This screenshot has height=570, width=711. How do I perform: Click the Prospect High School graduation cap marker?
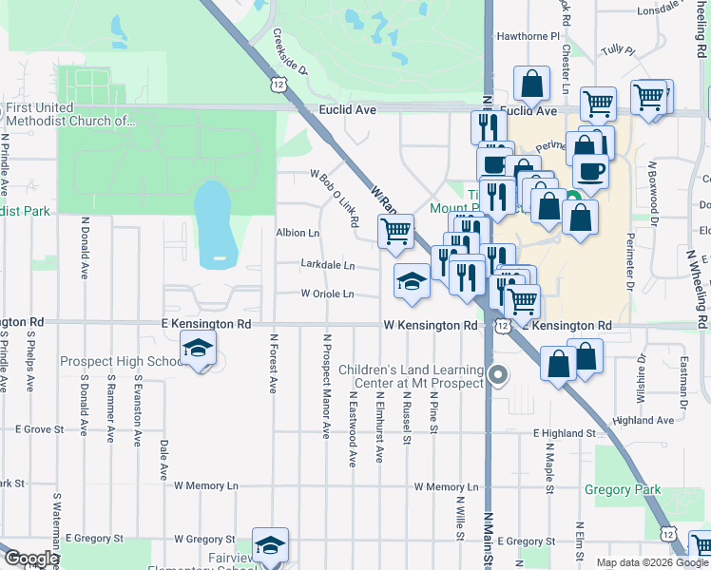tap(199, 351)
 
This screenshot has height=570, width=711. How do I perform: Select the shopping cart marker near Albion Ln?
tap(395, 230)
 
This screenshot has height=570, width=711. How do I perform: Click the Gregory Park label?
tap(623, 490)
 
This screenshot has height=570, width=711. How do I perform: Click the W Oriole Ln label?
tap(327, 294)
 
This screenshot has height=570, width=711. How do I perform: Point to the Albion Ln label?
tap(298, 233)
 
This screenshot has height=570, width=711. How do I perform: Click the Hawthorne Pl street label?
tap(528, 36)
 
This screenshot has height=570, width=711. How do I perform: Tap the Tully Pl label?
tap(616, 49)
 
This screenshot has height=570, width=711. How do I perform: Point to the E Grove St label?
tap(37, 429)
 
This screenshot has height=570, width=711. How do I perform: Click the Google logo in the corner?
tap(30, 560)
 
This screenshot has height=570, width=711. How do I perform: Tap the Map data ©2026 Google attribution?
tap(651, 562)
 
